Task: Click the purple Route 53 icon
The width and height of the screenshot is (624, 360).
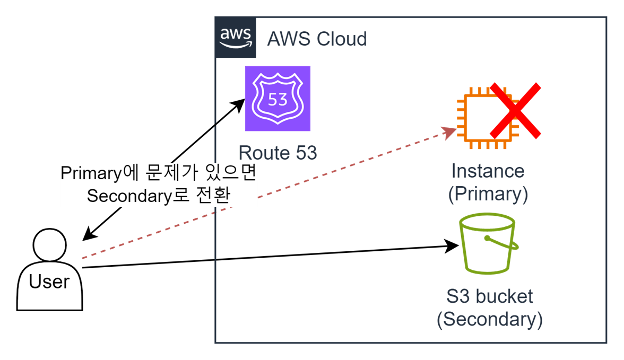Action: [278, 99]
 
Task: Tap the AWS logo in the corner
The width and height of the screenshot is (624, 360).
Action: [235, 37]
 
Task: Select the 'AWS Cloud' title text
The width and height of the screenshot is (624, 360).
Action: [317, 39]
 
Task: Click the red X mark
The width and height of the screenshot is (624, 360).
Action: [515, 111]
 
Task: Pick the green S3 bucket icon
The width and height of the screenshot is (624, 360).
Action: [488, 244]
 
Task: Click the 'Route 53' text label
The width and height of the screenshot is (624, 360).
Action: [278, 153]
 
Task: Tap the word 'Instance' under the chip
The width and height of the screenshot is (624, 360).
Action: [488, 171]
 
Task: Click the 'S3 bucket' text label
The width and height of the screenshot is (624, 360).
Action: [489, 296]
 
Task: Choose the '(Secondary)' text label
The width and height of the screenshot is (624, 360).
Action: [489, 319]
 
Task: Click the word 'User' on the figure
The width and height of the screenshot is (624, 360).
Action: [49, 282]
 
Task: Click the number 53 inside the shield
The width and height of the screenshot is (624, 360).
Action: [278, 99]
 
